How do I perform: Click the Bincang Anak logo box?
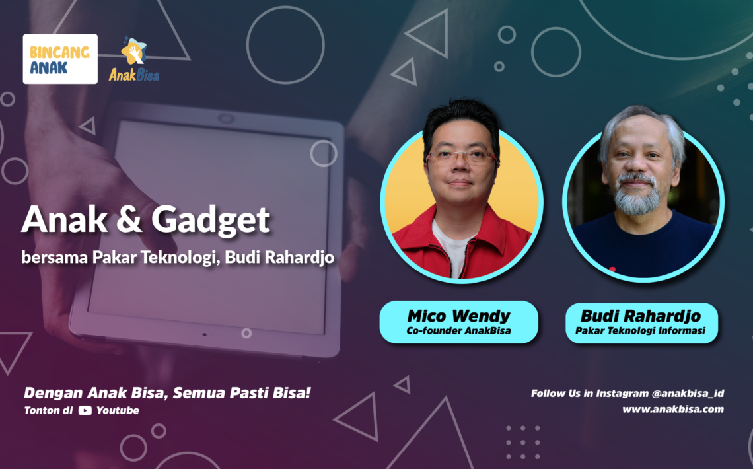click(60, 59)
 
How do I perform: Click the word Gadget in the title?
click(211, 221)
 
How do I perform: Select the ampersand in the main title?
click(129, 220)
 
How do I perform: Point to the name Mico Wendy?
click(458, 316)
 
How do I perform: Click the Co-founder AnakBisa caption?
click(458, 331)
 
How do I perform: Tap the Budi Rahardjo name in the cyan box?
click(641, 316)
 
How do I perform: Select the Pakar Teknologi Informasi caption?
click(641, 331)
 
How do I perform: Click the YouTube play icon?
click(85, 410)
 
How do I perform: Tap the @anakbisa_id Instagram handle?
click(688, 394)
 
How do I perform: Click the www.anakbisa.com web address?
click(673, 410)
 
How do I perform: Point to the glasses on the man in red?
click(461, 156)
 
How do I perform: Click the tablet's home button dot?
click(205, 335)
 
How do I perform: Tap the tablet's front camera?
click(226, 118)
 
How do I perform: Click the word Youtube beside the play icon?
click(118, 410)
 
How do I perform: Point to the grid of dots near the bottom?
click(523, 442)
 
